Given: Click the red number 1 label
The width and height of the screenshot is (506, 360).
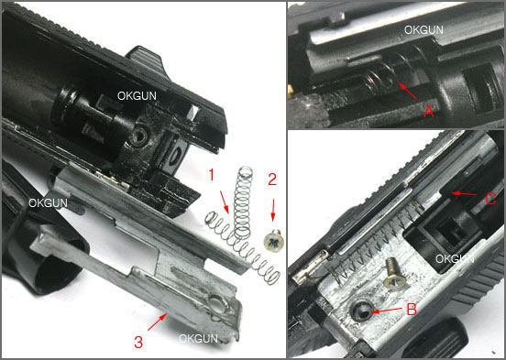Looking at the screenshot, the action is click(x=211, y=176).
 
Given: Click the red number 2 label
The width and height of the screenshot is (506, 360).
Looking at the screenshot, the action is click(x=272, y=180).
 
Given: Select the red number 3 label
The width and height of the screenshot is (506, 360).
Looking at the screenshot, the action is click(x=138, y=343).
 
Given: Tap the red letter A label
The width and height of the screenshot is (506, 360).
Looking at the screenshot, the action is click(x=428, y=112).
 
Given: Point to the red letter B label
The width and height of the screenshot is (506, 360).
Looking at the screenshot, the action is click(x=412, y=309).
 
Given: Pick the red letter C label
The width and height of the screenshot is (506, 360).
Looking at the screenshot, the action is click(x=490, y=199).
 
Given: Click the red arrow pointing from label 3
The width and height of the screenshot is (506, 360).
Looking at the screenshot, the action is click(x=158, y=322).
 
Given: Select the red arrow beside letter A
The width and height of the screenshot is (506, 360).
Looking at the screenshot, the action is click(x=408, y=91).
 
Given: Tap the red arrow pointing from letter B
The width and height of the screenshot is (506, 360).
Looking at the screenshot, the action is click(x=386, y=311).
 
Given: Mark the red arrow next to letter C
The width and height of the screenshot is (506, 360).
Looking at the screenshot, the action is click(x=464, y=193).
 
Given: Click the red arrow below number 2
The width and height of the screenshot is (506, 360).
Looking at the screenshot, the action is click(x=273, y=210).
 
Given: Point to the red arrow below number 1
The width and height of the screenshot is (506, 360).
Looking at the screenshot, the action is click(x=225, y=202).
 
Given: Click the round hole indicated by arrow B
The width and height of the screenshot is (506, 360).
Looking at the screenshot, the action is click(x=361, y=311).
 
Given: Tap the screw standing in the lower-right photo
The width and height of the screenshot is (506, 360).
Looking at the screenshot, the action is click(x=394, y=273).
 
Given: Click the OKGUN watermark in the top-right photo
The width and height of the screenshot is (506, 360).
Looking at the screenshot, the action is click(x=423, y=30).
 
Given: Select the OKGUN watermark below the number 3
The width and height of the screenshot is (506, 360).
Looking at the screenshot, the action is click(x=198, y=338).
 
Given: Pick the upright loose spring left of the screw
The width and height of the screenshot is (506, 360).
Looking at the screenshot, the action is click(x=244, y=203).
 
